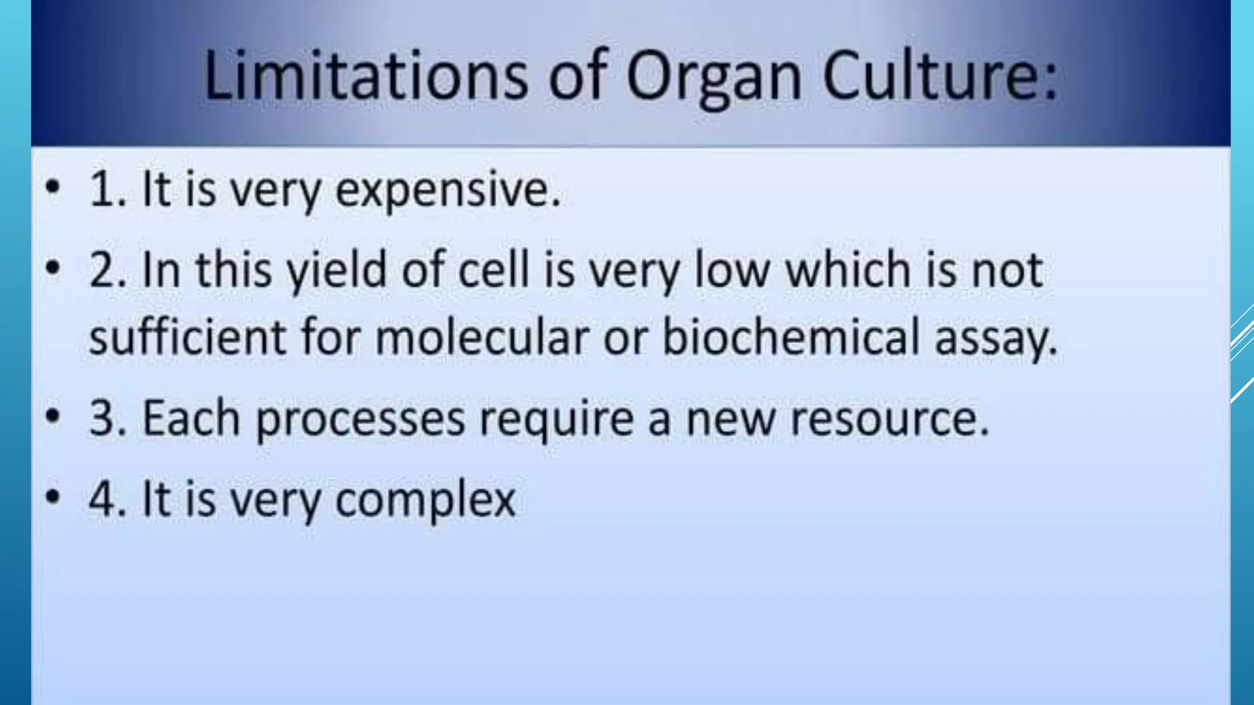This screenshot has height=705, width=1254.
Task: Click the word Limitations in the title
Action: click(366, 76)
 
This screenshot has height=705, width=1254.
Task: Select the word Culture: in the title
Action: click(939, 76)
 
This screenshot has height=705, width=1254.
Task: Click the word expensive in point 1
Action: click(448, 190)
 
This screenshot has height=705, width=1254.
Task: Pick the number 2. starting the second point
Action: click(108, 270)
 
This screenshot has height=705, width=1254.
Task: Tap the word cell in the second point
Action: click(494, 270)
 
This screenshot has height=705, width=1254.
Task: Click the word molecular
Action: click(482, 337)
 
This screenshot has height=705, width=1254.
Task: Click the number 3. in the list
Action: click(108, 419)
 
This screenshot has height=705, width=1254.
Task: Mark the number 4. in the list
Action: click(108, 499)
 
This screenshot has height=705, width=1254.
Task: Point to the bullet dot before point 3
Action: click(53, 417)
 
